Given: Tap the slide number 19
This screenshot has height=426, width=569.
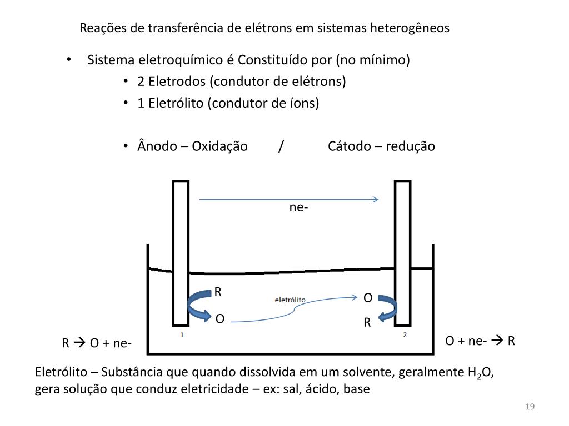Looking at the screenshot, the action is coord(530,408).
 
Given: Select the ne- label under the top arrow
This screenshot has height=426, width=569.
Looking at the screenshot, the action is coord(298,207).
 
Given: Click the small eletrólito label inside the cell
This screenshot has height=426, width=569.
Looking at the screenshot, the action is coord(290,300).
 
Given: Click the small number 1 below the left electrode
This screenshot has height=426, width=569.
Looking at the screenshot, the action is coord(182,335).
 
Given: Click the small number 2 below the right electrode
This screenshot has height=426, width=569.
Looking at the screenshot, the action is coord(405,335).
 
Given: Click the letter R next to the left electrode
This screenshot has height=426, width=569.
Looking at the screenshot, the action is coord(218,292).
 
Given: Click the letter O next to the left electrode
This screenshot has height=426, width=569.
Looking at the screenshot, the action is coord(220,319).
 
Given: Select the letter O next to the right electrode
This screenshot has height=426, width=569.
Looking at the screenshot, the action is coord(368,298).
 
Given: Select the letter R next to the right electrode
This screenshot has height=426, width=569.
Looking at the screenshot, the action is coord(367,323).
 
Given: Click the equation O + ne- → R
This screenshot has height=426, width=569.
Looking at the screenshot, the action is coord(481,341).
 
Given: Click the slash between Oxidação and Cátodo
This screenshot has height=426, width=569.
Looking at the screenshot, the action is coord(282,146).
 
